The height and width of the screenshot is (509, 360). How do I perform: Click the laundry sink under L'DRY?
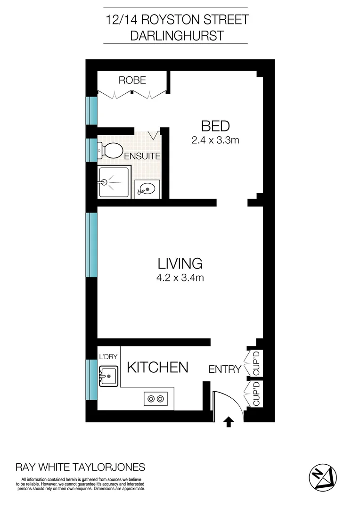click(108, 376)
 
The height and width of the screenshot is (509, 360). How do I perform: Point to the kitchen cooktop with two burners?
click(156, 399)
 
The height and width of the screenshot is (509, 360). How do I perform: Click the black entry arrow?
click(229, 421)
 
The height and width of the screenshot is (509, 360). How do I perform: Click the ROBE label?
click(132, 81)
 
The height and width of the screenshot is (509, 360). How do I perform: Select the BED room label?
click(215, 126)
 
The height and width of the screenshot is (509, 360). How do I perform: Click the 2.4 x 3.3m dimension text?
click(215, 140)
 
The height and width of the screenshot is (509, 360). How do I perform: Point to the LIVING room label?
click(180, 263)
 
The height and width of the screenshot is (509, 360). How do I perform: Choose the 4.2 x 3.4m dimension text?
click(180, 278)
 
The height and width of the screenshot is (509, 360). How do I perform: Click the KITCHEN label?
click(158, 368)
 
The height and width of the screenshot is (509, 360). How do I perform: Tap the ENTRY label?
click(225, 369)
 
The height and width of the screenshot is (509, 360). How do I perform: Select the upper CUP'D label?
click(256, 363)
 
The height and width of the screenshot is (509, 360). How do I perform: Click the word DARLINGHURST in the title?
click(180, 36)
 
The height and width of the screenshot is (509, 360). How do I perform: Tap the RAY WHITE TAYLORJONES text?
click(81, 468)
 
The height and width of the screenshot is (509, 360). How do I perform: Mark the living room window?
click(91, 245)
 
